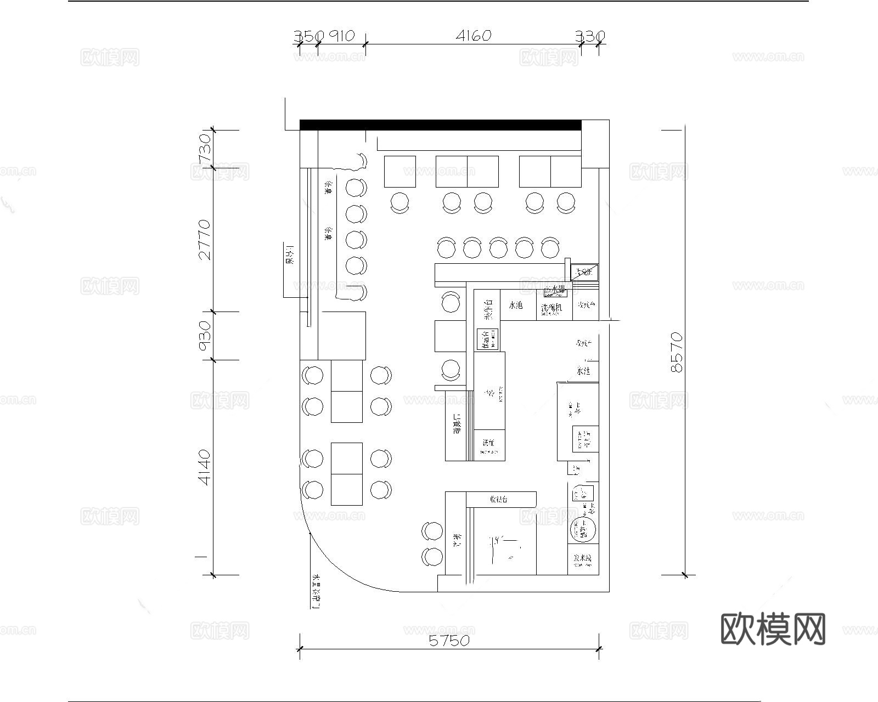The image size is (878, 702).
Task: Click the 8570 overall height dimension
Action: pyautogui.click(x=677, y=352)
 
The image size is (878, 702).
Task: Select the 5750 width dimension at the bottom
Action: pyautogui.click(x=449, y=640)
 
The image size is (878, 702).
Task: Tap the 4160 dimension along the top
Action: pyautogui.click(x=474, y=36)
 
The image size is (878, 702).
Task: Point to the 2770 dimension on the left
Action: pyautogui.click(x=204, y=239)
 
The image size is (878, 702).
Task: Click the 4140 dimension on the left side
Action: pyautogui.click(x=204, y=467)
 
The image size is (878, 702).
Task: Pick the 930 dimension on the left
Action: pyautogui.click(x=204, y=336)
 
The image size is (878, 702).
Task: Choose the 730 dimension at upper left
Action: pyautogui.click(x=204, y=147)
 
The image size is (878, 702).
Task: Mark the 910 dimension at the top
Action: pyautogui.click(x=342, y=36)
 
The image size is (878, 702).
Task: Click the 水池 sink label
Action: pyautogui.click(x=516, y=305)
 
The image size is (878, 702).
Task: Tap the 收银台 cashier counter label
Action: pyautogui.click(x=499, y=499)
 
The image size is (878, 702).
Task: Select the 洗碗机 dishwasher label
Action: pyautogui.click(x=551, y=308)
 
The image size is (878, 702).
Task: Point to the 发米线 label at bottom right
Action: pyautogui.click(x=583, y=559)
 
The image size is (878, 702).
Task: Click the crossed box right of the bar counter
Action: pyautogui.click(x=584, y=272)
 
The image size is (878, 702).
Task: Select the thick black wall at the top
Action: pyautogui.click(x=440, y=125)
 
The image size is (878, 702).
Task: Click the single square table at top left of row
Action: pyautogui.click(x=399, y=172)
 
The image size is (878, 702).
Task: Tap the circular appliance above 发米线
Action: pyautogui.click(x=583, y=530)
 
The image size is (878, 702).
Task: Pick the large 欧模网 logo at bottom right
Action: pyautogui.click(x=773, y=629)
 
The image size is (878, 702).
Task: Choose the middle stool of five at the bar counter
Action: pyautogui.click(x=498, y=247)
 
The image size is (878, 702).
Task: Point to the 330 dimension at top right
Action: pyautogui.click(x=590, y=36)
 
